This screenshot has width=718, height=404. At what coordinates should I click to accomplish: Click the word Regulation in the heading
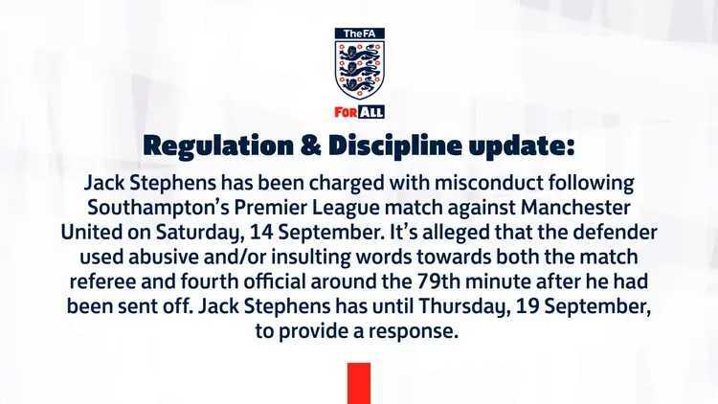[218, 146]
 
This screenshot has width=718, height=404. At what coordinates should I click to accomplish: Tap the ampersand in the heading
[310, 146]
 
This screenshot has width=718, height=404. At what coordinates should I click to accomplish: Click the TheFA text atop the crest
[359, 34]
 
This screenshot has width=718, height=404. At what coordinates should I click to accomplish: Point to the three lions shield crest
[359, 70]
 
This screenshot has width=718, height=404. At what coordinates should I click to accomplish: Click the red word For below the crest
[346, 112]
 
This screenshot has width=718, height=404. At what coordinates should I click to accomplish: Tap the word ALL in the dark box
[370, 112]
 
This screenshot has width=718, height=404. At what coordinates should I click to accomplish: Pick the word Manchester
[575, 208]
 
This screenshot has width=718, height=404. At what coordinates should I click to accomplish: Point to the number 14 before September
[261, 233]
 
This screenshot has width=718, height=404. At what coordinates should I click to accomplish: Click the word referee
[102, 281]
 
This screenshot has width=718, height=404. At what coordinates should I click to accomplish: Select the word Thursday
[464, 306]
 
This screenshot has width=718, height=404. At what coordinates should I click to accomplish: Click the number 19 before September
[527, 306]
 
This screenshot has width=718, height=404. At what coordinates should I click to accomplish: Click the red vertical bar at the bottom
[359, 383]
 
